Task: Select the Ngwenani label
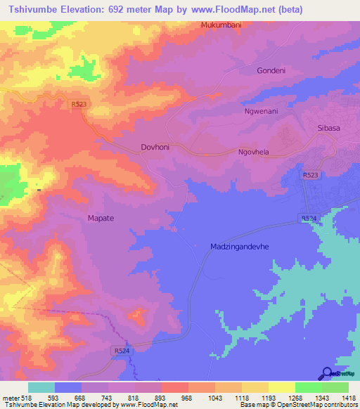(x=262, y=111)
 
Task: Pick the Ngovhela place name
(x=255, y=151)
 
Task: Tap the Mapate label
(x=101, y=218)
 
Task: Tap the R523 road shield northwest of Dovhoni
(x=79, y=105)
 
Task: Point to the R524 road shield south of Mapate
(x=121, y=349)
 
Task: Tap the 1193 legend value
(x=258, y=397)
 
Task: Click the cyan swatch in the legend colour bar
(x=41, y=387)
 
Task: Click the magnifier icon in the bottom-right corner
(x=326, y=372)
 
